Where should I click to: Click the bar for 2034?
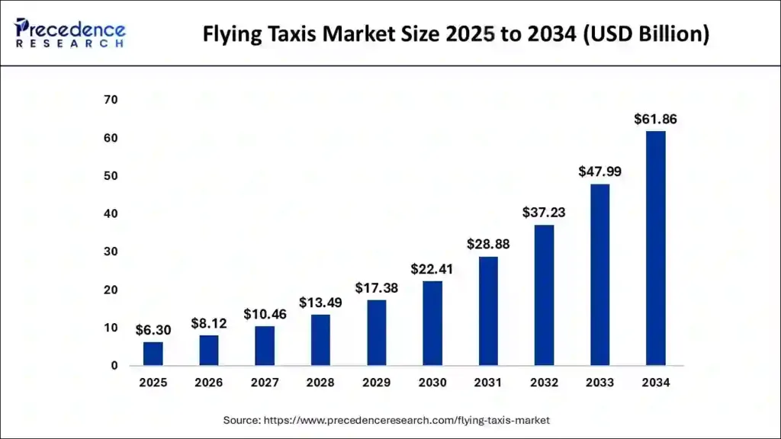(655, 248)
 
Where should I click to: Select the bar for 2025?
(153, 354)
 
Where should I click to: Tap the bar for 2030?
(432, 323)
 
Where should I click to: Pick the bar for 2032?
(544, 295)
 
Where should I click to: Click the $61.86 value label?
(655, 119)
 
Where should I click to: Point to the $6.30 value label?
(153, 330)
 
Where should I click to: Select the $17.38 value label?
(376, 289)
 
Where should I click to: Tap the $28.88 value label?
(488, 245)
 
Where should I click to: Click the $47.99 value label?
(599, 172)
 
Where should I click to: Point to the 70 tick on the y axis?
(111, 100)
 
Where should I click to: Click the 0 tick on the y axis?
(114, 366)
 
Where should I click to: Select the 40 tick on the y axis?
(111, 214)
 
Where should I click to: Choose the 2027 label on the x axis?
(265, 383)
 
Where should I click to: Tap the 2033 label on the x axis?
(599, 383)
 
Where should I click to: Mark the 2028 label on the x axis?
(320, 383)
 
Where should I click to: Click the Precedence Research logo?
(70, 33)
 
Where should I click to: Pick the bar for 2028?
(320, 340)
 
